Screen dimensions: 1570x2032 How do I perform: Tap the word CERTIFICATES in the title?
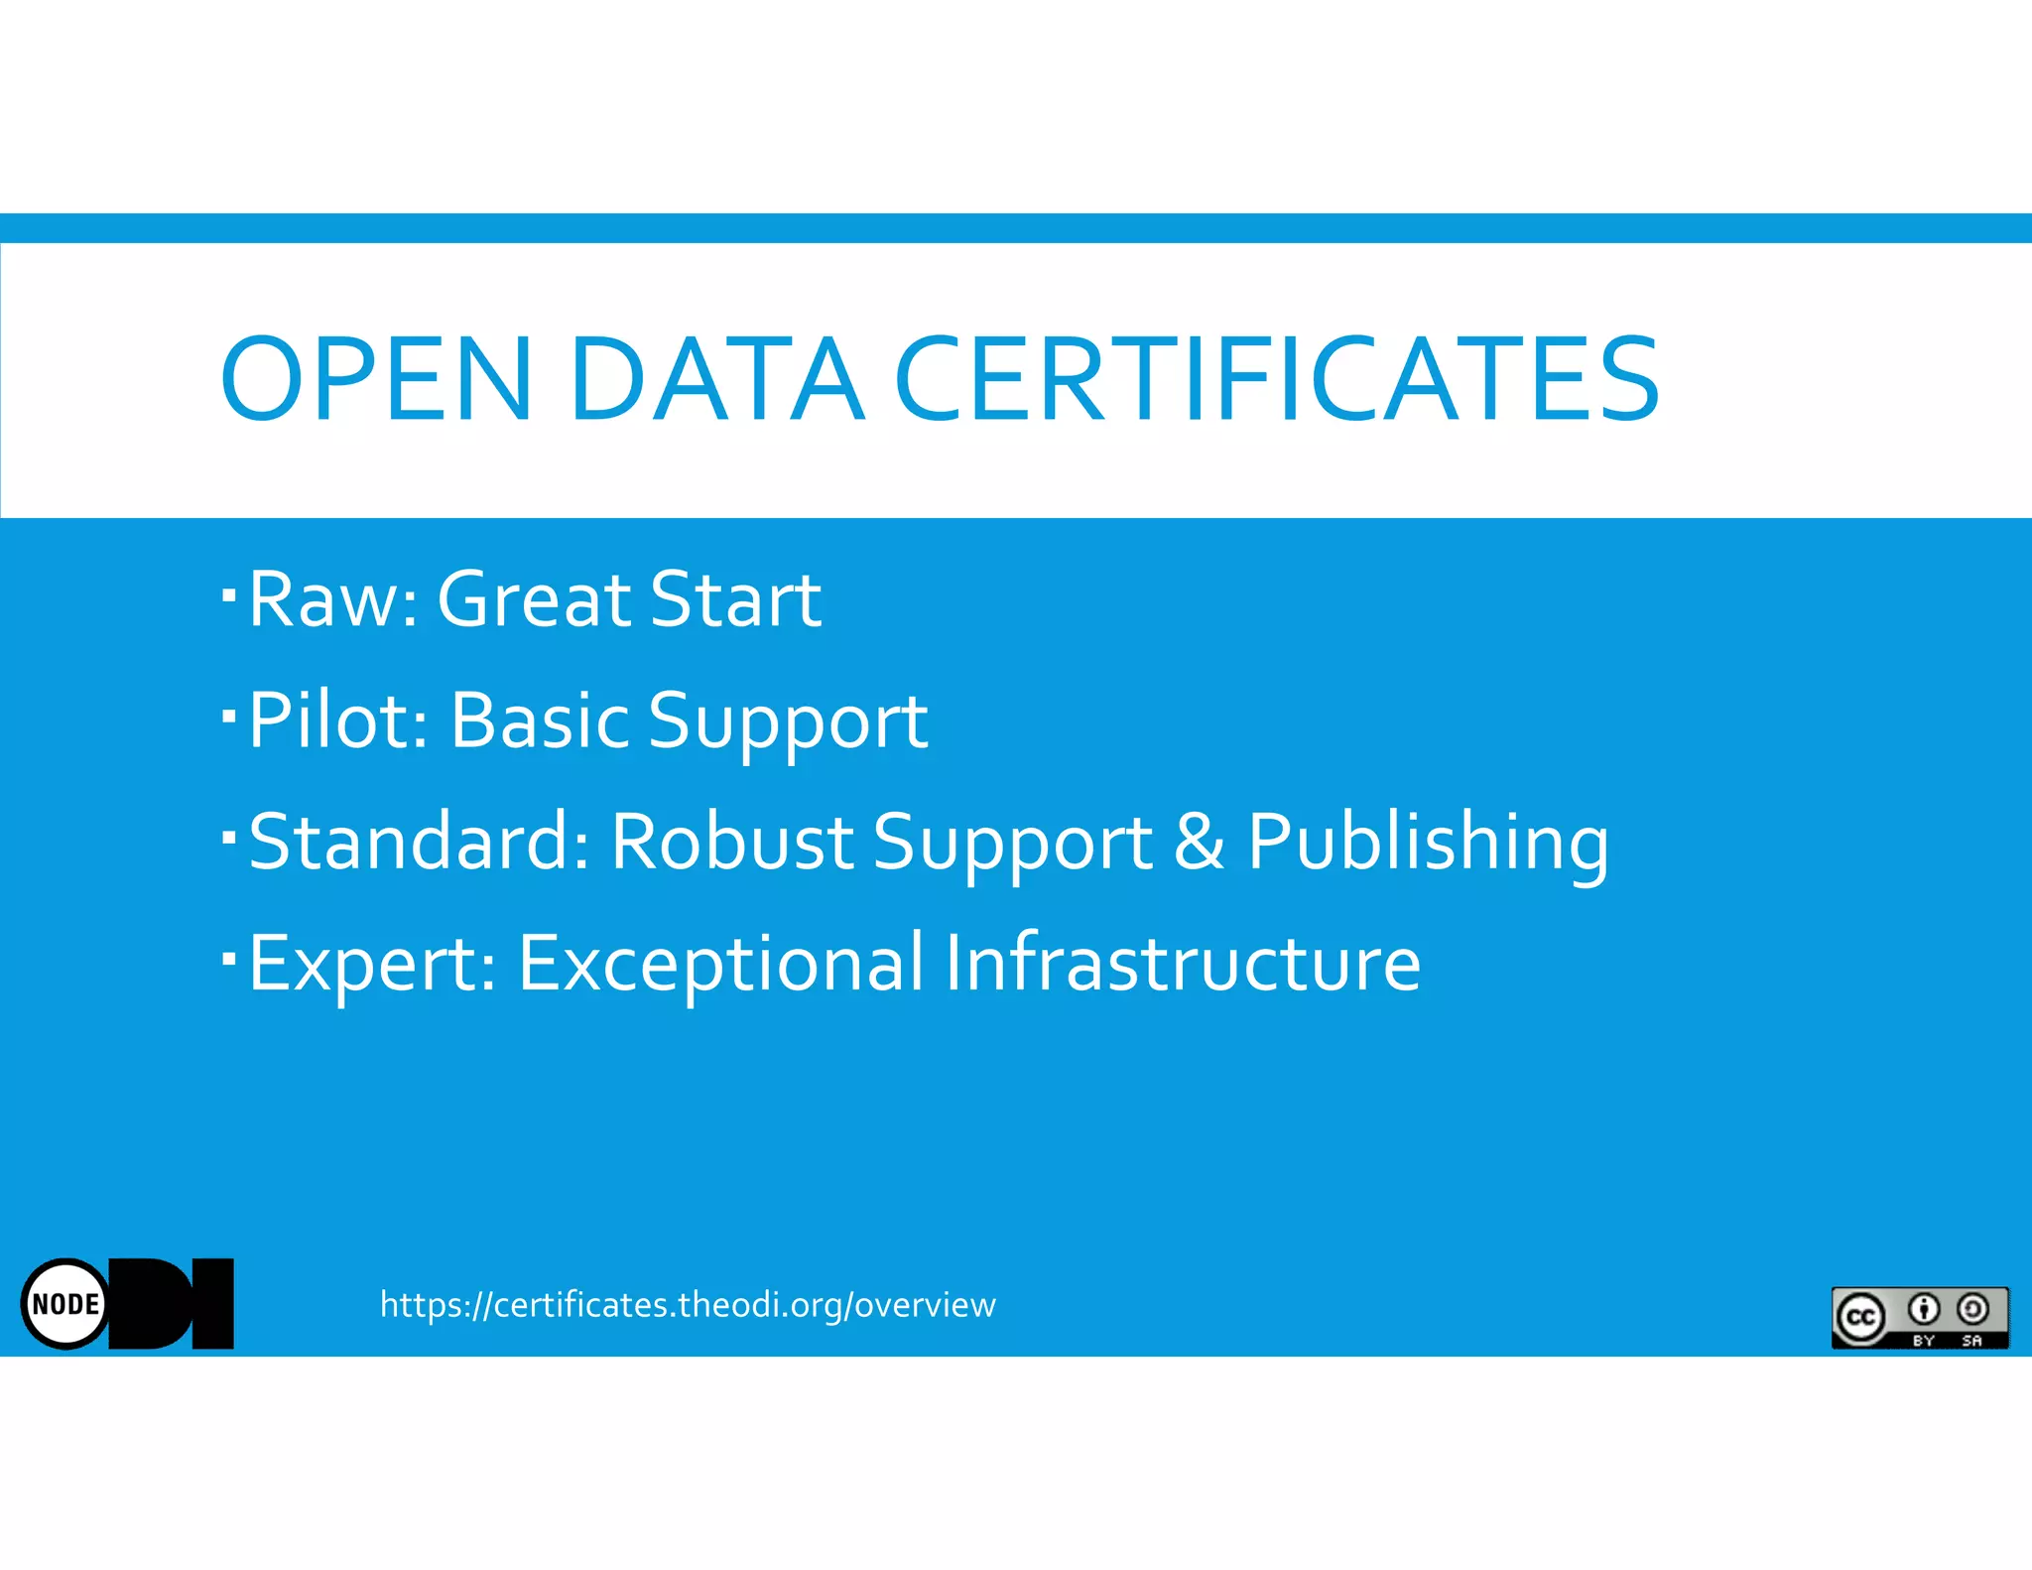[x=1277, y=379]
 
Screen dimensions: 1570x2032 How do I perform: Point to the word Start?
[x=735, y=599]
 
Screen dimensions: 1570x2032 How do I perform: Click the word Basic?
[x=540, y=720]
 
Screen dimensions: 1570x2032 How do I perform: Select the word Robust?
[x=732, y=842]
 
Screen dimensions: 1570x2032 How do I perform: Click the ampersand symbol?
[x=1199, y=842]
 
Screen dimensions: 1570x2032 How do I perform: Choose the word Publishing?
[x=1428, y=844]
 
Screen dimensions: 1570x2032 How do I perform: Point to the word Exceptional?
[x=720, y=964]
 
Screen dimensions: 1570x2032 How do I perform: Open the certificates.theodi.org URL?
[x=688, y=1304]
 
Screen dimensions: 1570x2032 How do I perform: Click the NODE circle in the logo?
[x=65, y=1303]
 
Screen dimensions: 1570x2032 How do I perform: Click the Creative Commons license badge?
[x=1919, y=1317]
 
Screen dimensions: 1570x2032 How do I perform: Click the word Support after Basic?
[x=788, y=722]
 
